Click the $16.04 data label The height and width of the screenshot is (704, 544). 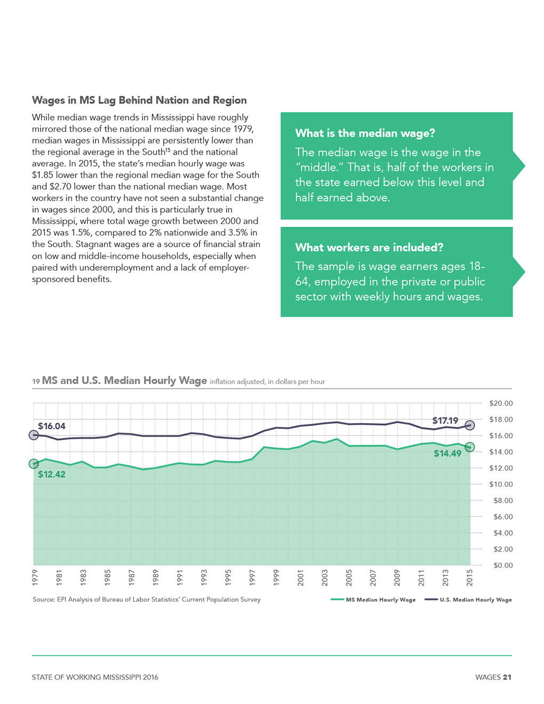52,426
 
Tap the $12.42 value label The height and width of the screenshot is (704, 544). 52,474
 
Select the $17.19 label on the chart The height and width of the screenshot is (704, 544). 445,420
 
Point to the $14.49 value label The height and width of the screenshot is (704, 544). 447,453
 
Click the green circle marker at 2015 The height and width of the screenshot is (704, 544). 470,447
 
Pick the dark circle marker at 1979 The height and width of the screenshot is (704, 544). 34,435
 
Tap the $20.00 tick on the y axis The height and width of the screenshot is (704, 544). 501,403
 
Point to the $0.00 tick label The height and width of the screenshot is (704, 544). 503,565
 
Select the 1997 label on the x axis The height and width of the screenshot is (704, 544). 252,578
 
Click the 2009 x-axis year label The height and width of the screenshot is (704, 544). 397,578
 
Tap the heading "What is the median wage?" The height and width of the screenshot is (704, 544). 365,133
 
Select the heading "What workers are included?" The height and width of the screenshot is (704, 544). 369,247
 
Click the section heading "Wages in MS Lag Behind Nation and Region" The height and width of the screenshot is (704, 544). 139,100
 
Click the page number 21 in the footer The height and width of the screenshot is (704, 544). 507,677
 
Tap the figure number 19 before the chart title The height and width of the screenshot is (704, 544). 36,382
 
